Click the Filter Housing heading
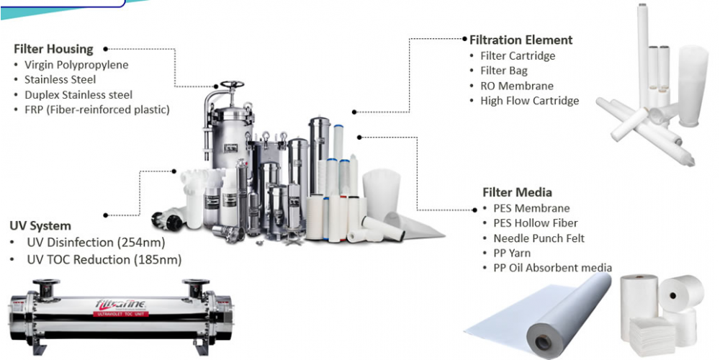(x=54, y=49)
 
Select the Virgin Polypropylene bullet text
(x=77, y=64)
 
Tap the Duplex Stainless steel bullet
(x=78, y=94)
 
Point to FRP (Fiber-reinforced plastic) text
(x=97, y=109)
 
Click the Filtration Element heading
(x=521, y=40)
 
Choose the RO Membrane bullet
(x=517, y=86)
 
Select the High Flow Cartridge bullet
(x=530, y=101)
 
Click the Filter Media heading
(x=517, y=192)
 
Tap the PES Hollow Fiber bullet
(x=536, y=223)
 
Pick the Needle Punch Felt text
(x=539, y=238)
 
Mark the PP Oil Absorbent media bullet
(x=553, y=267)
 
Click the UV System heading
(x=40, y=226)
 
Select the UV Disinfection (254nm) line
(x=96, y=242)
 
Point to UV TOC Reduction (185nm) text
(x=104, y=259)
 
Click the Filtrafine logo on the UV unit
(x=120, y=304)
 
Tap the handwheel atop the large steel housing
(x=233, y=84)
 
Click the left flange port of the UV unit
(x=46, y=287)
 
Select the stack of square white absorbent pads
(x=652, y=337)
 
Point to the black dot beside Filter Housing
(x=105, y=48)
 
